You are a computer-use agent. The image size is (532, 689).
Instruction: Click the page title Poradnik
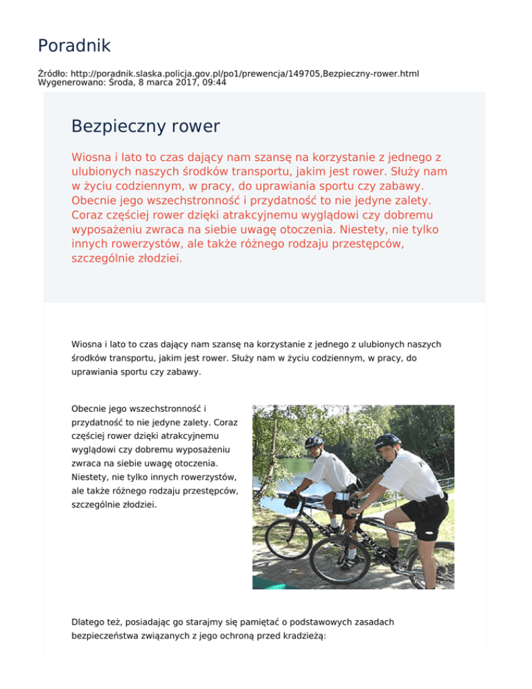(74, 46)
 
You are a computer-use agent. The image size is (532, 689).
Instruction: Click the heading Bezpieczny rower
(145, 126)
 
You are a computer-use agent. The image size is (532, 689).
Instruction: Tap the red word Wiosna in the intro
(92, 157)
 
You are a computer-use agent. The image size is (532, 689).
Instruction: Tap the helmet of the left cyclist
(314, 441)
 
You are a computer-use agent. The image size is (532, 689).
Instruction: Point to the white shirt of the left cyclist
(332, 471)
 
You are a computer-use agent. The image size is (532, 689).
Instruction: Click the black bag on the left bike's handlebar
(294, 498)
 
